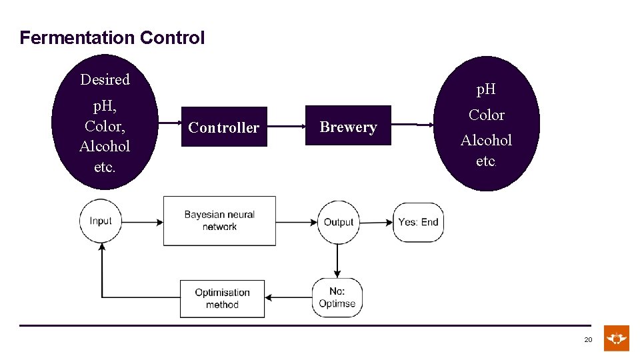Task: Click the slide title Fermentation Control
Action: (x=112, y=38)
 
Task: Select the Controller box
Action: (x=223, y=127)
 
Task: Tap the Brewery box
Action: (x=348, y=126)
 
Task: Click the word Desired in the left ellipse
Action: (x=105, y=79)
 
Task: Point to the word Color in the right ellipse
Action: (x=486, y=115)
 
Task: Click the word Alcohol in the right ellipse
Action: (x=486, y=140)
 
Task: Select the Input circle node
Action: (x=101, y=221)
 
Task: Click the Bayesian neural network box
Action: (x=219, y=221)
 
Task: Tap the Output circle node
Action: (x=338, y=222)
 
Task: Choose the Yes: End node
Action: (x=418, y=222)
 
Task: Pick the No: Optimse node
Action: (x=337, y=297)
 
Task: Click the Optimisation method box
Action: (x=222, y=298)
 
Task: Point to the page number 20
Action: (x=588, y=340)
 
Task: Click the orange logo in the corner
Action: (x=617, y=339)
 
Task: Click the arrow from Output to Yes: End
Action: (x=376, y=222)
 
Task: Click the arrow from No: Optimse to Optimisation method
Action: (x=288, y=297)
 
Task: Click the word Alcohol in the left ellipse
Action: (x=104, y=146)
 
